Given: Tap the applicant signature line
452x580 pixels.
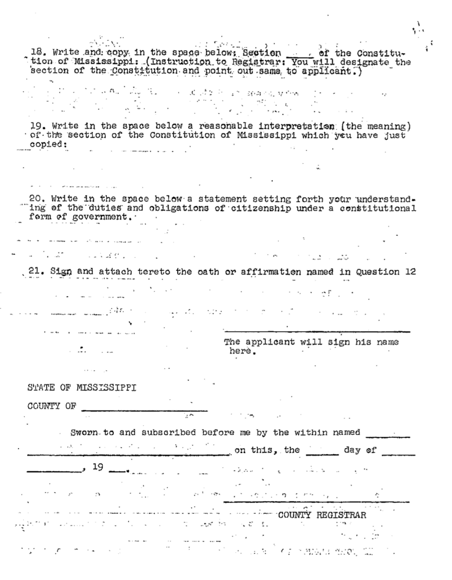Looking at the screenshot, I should (x=317, y=332).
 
